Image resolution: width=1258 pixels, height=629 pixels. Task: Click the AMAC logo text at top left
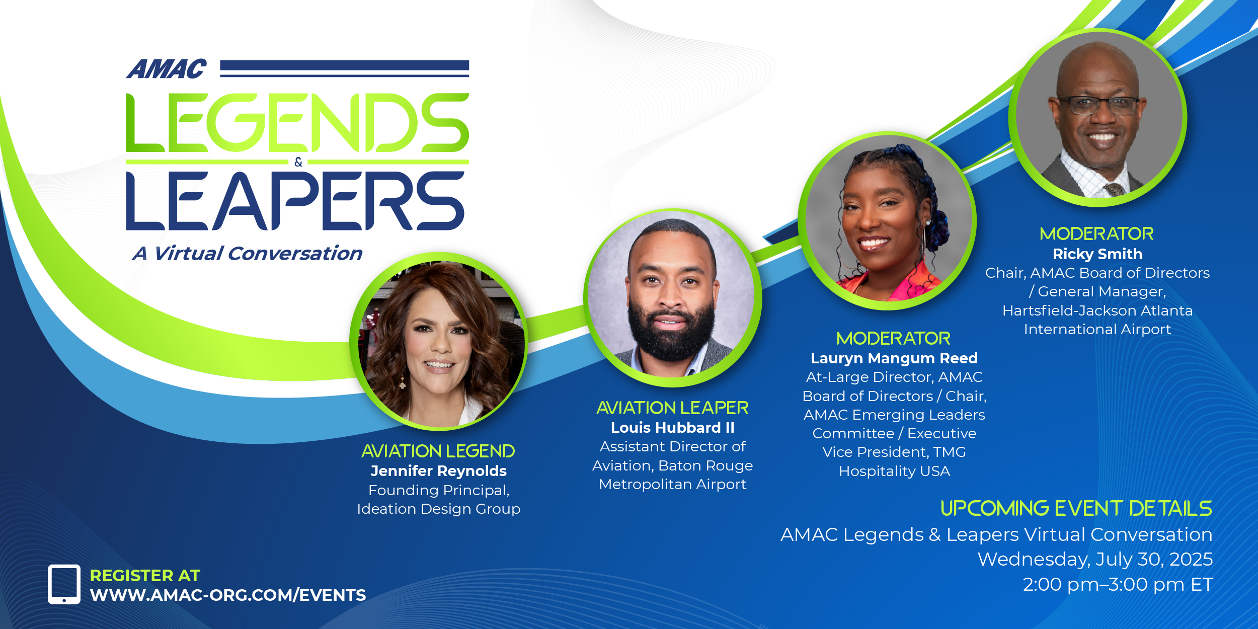[x=167, y=69]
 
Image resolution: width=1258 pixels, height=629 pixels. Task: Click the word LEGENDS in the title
[x=297, y=123]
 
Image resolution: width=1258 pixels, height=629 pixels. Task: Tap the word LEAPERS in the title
[x=295, y=201]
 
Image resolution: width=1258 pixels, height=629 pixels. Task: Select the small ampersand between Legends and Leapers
[x=298, y=162]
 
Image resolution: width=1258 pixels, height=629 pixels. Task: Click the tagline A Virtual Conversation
[x=247, y=253]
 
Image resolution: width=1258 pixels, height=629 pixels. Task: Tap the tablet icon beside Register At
[x=64, y=584]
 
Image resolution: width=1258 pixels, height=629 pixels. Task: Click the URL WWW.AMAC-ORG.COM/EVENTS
[x=228, y=595]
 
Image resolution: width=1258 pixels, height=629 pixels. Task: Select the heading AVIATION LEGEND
[x=438, y=451]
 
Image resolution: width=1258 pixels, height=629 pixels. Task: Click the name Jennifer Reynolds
[x=438, y=471]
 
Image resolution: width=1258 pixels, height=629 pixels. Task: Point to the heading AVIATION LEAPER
[x=672, y=408]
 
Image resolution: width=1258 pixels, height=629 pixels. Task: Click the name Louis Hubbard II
[x=672, y=428]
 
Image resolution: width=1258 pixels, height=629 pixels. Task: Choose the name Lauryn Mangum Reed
[x=894, y=358]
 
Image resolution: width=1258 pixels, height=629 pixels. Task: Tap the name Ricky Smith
[x=1097, y=254]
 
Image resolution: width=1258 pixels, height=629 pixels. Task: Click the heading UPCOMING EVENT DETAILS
[x=1076, y=508]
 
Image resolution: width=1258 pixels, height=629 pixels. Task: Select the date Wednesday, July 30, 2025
[x=1095, y=560]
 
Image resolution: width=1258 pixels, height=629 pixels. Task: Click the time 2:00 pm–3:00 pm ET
[x=1118, y=585]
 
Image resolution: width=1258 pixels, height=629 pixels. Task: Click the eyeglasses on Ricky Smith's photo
[x=1099, y=105]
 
